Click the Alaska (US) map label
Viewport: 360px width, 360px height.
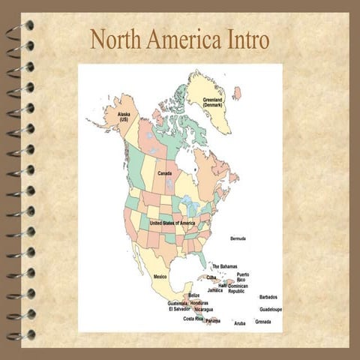[124, 117]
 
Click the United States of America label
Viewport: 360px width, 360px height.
[172, 223]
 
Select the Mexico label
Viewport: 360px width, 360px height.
[160, 276]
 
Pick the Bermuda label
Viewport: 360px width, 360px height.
[238, 238]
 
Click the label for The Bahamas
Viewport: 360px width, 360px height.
[224, 266]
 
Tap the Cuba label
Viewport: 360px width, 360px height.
[211, 277]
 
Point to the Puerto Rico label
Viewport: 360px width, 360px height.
[243, 277]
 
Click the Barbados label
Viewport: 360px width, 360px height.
[268, 297]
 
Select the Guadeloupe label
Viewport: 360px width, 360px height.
[271, 309]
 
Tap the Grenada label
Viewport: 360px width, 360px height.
[262, 322]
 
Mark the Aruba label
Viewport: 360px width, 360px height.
[240, 322]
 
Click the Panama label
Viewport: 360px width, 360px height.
[213, 321]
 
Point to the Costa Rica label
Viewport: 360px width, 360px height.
[193, 319]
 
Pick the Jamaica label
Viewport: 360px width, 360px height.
[215, 290]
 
